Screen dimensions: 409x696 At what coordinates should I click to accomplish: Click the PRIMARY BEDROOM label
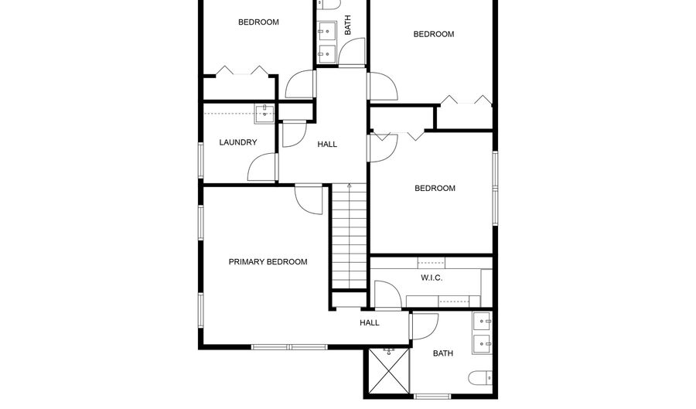(x=268, y=262)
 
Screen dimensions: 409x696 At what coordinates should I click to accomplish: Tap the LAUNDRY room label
(x=237, y=142)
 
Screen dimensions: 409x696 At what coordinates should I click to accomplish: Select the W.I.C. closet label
(x=432, y=278)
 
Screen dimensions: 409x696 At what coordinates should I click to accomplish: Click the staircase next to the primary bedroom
(x=349, y=240)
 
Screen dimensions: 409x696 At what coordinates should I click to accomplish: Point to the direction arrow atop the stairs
(x=349, y=186)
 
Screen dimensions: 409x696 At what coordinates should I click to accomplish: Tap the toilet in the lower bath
(x=479, y=379)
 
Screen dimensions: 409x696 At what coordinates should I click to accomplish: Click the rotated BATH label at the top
(x=347, y=26)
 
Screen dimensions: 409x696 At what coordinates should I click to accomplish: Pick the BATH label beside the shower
(x=443, y=353)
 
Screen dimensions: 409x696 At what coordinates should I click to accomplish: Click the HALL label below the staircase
(x=370, y=322)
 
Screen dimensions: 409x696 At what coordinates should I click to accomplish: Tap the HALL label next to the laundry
(x=327, y=144)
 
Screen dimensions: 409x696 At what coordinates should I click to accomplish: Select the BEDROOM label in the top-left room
(x=258, y=22)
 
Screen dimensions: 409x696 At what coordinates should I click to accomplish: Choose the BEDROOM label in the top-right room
(x=433, y=34)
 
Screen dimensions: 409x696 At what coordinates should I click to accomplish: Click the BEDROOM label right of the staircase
(x=435, y=189)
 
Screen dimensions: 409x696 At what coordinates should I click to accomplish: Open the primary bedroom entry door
(x=309, y=199)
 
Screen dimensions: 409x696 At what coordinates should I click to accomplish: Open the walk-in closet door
(x=387, y=294)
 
